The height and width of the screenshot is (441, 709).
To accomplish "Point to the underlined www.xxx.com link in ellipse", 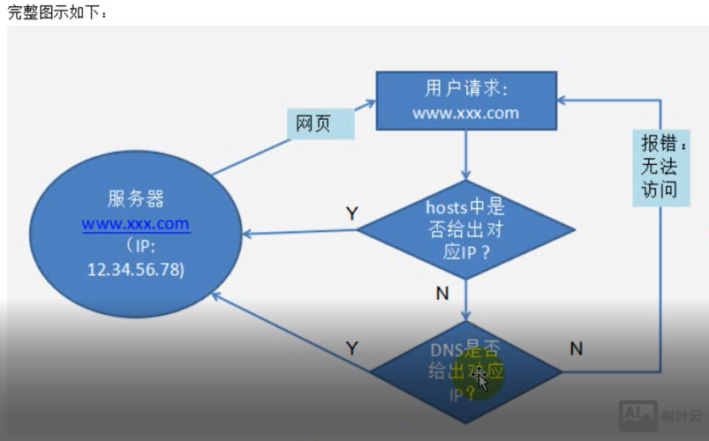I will pyautogui.click(x=135, y=224).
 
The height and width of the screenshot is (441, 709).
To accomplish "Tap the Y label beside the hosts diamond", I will pyautogui.click(x=351, y=213).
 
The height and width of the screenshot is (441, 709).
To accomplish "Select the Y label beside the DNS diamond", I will pyautogui.click(x=351, y=348).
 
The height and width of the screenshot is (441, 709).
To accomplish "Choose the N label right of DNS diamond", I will pyautogui.click(x=576, y=348).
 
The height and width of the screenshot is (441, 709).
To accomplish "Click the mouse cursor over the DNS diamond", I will pyautogui.click(x=479, y=377).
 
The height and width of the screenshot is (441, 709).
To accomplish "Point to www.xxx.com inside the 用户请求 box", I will pyautogui.click(x=465, y=113).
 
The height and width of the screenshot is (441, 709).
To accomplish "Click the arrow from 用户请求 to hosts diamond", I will pyautogui.click(x=465, y=154).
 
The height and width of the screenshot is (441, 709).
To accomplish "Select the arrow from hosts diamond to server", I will pyautogui.click(x=300, y=233).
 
